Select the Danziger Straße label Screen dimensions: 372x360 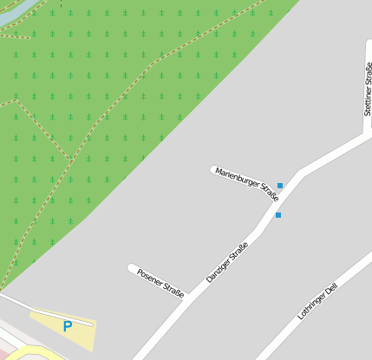point(227,262)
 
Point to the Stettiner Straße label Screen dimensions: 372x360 point(368,88)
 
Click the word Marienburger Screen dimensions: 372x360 point(237,176)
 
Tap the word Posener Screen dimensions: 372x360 point(150,278)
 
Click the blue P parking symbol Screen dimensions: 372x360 point(67,327)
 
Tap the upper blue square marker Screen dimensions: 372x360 point(280,186)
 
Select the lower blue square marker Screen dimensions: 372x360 point(278,215)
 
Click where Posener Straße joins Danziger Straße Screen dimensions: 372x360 point(188,299)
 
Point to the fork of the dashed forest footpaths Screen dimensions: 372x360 point(70,161)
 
